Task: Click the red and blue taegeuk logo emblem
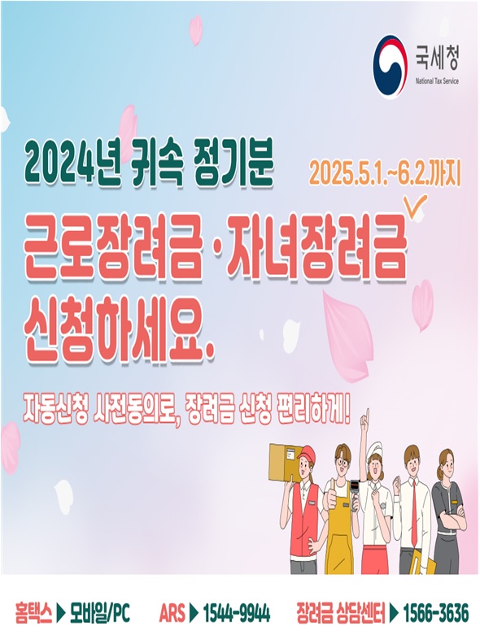tap(390, 66)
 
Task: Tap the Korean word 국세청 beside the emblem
tap(436, 58)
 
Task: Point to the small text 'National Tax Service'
tap(437, 81)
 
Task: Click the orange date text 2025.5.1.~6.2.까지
tap(386, 174)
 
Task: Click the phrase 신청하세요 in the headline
tap(114, 329)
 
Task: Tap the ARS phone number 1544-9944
tap(237, 614)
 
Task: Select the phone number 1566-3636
tap(435, 614)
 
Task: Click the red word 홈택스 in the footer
tap(33, 614)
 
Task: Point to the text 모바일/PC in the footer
tap(100, 614)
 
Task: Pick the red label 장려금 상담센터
tap(340, 614)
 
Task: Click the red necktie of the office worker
tap(414, 516)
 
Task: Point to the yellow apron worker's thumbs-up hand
tap(332, 498)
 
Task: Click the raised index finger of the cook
tap(367, 416)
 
